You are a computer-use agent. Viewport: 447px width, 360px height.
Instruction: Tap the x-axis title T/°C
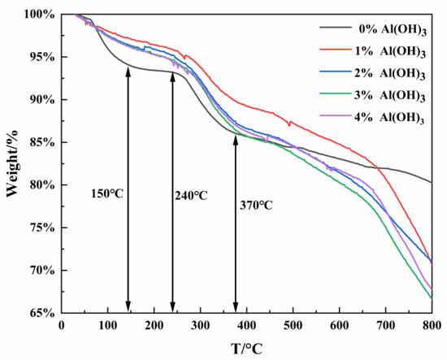(x=246, y=347)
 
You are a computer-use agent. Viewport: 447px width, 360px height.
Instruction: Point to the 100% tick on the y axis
(x=41, y=15)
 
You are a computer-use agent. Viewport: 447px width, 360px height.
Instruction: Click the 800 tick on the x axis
(x=431, y=324)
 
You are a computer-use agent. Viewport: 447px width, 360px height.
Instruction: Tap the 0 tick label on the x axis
(x=62, y=324)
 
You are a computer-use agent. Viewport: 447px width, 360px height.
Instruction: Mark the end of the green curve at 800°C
(x=431, y=298)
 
